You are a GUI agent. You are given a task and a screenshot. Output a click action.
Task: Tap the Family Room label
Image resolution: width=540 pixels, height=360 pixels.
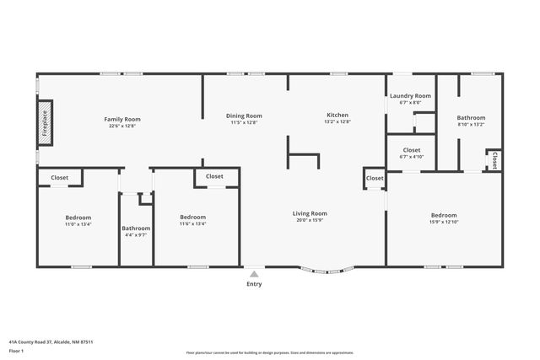tap(121, 120)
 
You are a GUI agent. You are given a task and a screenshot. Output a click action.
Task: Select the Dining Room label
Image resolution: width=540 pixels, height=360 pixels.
tap(244, 116)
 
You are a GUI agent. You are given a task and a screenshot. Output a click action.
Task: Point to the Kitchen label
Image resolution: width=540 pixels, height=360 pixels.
tap(337, 115)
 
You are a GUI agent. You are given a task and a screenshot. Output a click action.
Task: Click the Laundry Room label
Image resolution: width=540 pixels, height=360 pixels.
tap(410, 96)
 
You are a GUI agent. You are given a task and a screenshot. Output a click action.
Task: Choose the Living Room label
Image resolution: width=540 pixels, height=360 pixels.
tap(310, 213)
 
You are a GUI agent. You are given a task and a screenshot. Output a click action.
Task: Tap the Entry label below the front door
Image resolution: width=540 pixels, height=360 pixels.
tap(254, 284)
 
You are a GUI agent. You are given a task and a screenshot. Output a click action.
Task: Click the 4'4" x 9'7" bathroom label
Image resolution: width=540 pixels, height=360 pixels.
tap(136, 228)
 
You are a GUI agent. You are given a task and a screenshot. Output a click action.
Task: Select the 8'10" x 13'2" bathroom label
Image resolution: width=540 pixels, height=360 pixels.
tap(471, 118)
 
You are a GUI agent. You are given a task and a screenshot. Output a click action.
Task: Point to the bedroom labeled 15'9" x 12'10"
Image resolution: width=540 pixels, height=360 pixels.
tap(444, 215)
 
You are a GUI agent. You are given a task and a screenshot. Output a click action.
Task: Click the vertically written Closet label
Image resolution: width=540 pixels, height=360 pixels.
tap(494, 160)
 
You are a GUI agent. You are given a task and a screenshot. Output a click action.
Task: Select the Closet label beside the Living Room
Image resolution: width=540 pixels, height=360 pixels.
tap(375, 178)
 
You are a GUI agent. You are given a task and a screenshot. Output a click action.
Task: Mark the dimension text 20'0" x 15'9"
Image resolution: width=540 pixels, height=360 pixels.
tap(310, 221)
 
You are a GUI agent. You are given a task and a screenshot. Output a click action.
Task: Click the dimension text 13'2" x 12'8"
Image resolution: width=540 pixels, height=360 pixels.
tap(337, 122)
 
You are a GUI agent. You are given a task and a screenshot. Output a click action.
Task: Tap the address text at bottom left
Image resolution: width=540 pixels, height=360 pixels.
tap(51, 342)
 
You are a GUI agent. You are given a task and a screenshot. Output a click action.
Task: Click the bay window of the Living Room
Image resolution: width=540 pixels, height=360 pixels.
tap(328, 271)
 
